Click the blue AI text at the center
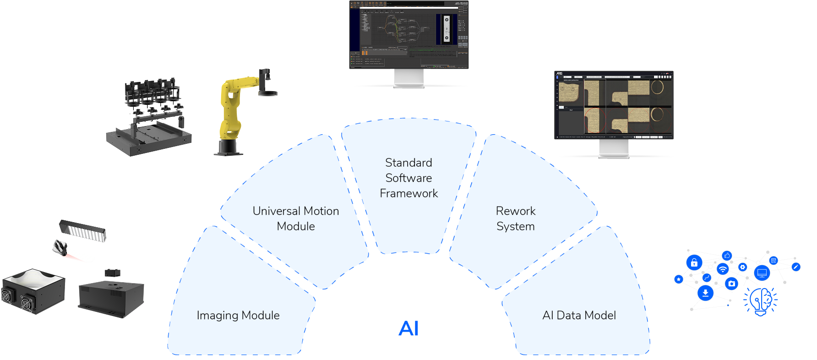point(408,328)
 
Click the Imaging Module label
point(238,315)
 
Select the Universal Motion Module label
point(296,218)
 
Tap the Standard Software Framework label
point(408,178)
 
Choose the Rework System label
point(516,218)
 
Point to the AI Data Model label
point(579,315)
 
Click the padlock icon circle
point(694,263)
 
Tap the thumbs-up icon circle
point(727,256)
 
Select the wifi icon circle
point(723,269)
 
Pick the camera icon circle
point(732,284)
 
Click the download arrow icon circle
point(706,293)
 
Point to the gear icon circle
point(743,267)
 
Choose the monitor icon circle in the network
point(762,273)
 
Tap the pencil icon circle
point(796,267)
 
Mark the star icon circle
point(679,279)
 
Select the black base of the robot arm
point(228,147)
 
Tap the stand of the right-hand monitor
point(614,149)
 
